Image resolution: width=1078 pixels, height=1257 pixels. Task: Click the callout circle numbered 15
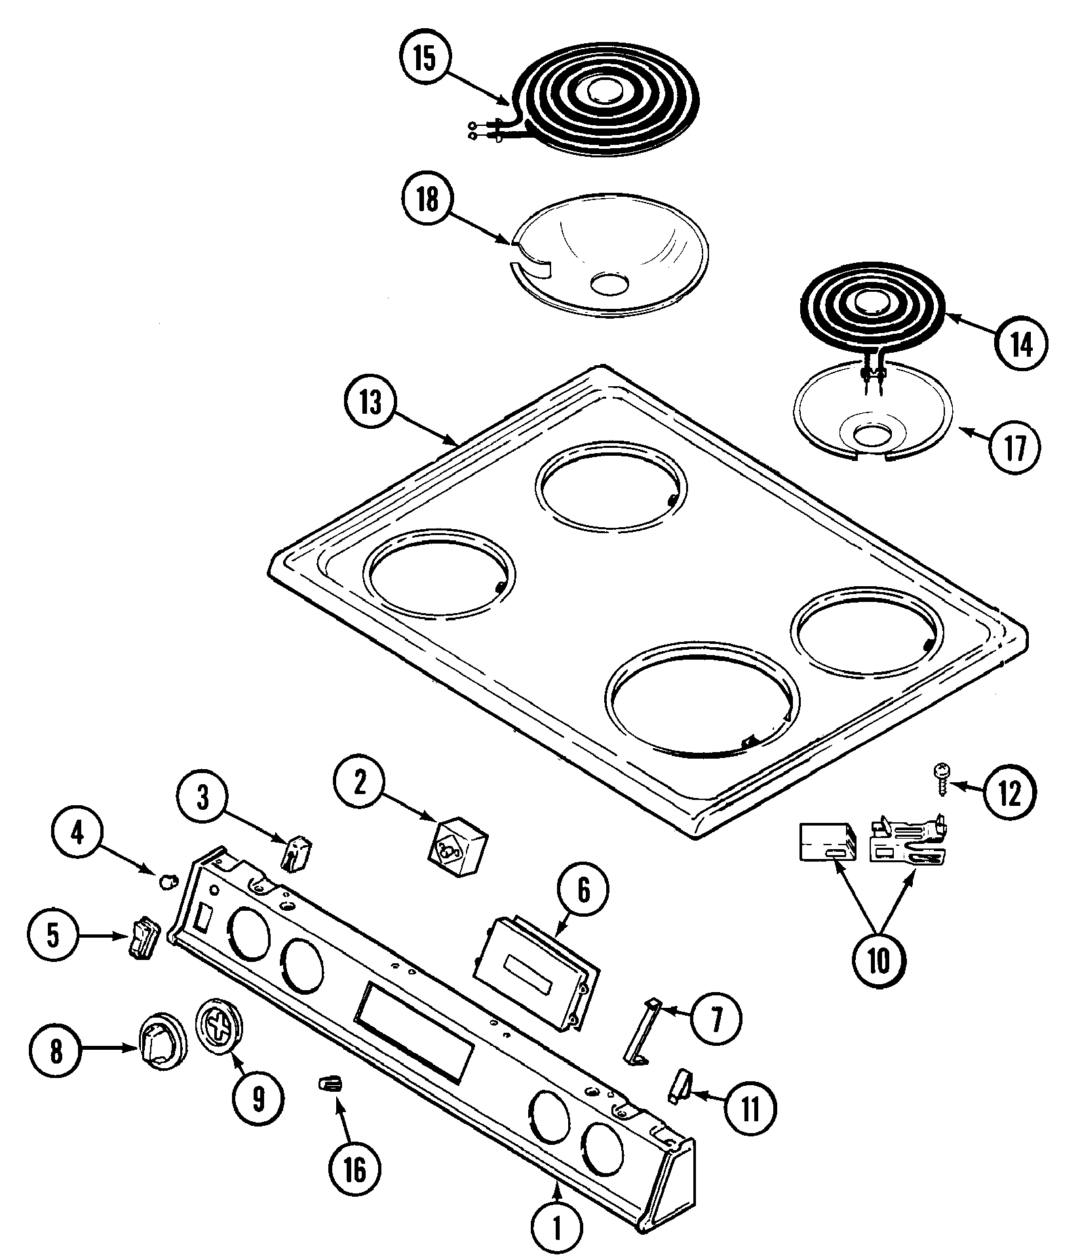coord(424,58)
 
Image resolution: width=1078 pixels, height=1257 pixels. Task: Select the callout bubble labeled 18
coord(427,200)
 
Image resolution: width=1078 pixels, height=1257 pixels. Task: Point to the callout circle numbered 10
coord(879,961)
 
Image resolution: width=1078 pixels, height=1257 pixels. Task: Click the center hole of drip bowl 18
coord(609,283)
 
